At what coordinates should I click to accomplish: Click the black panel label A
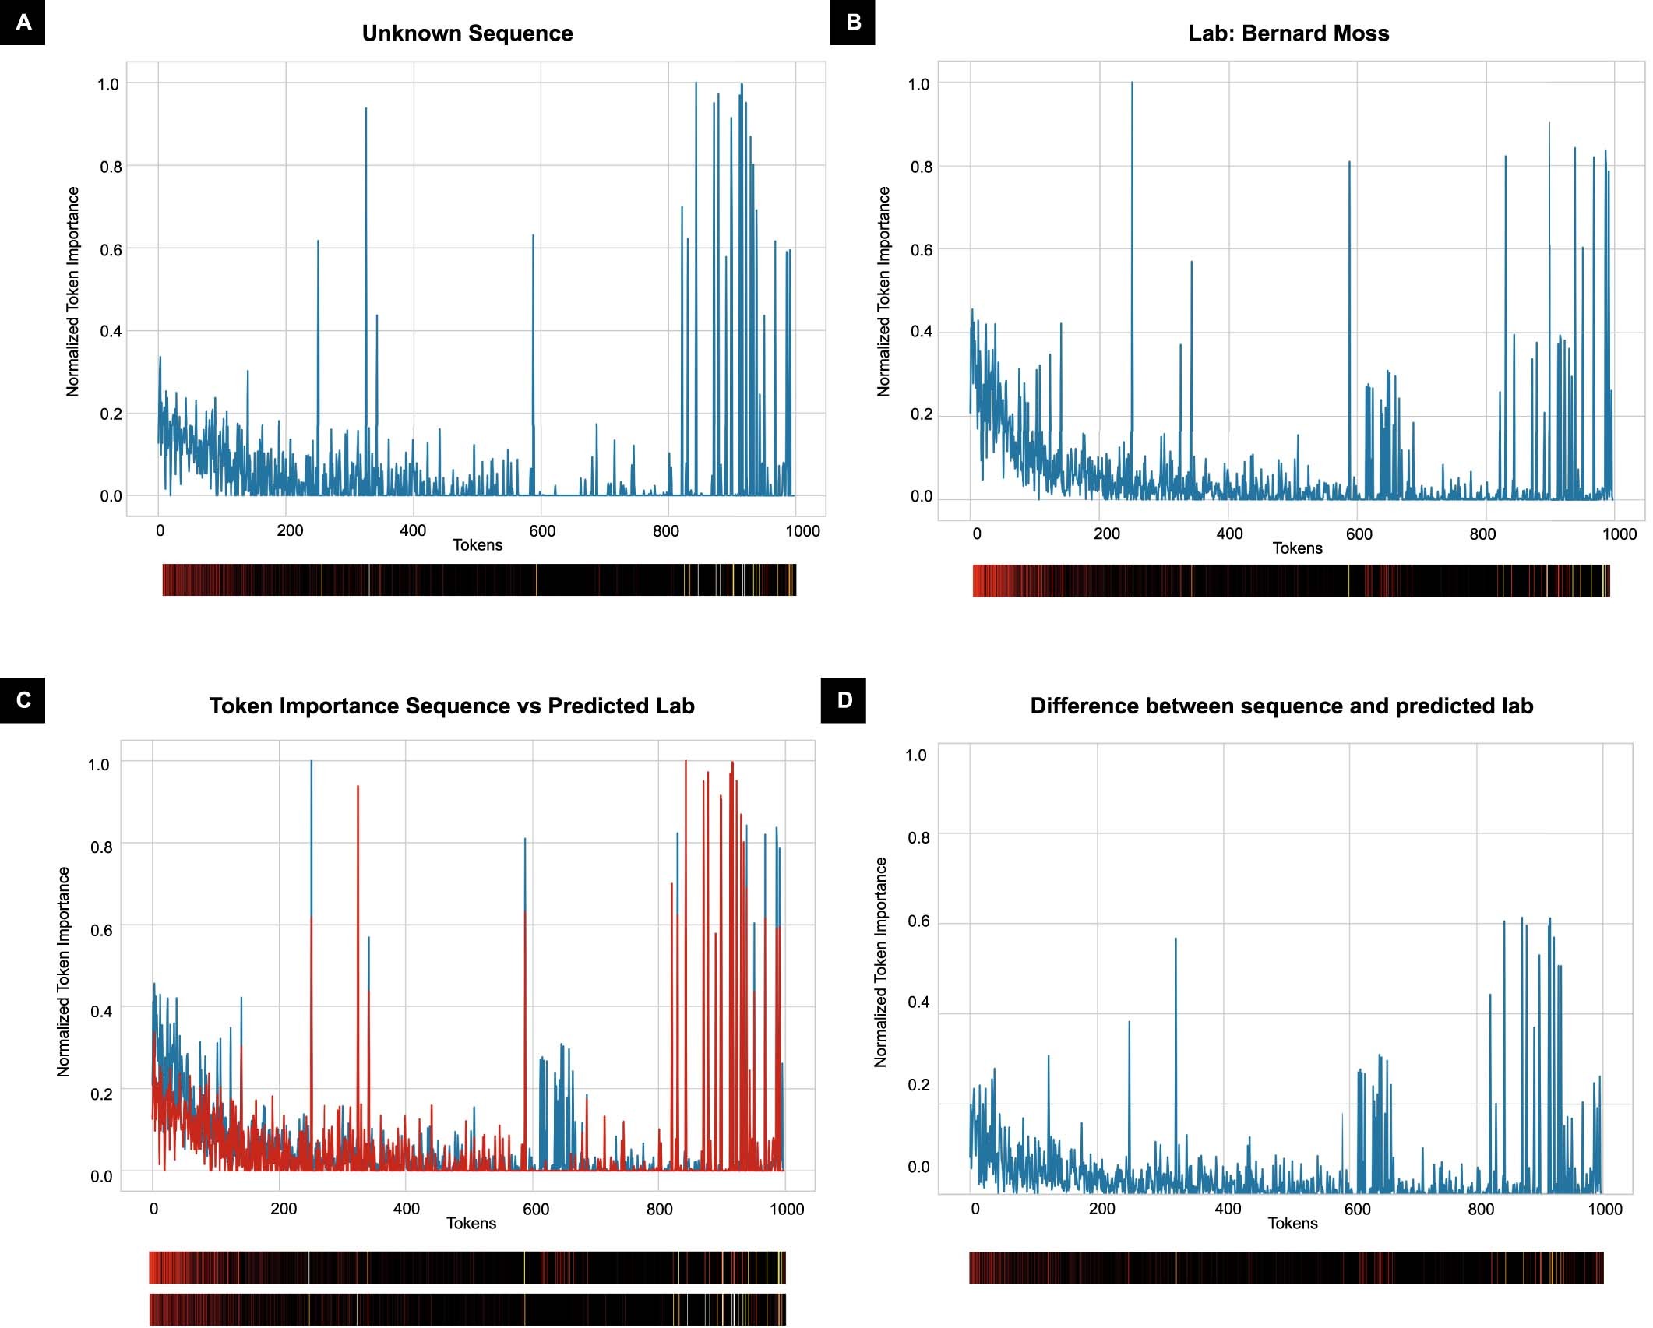(x=23, y=23)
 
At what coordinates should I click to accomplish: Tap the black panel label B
(x=852, y=23)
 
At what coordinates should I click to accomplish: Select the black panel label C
(x=23, y=700)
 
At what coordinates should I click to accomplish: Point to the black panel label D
(x=844, y=700)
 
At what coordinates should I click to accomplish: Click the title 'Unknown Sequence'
(x=467, y=33)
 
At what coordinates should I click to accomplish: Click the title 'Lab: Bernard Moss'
(x=1288, y=33)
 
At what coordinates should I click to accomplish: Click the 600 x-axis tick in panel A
(x=542, y=531)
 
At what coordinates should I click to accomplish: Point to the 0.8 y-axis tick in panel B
(x=922, y=167)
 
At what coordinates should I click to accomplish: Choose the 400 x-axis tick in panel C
(x=406, y=1209)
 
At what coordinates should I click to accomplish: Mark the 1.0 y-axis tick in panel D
(x=917, y=755)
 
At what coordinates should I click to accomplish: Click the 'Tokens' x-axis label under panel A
(x=478, y=545)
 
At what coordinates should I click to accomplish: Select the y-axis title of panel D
(x=881, y=962)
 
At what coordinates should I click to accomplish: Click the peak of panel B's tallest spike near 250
(x=1132, y=83)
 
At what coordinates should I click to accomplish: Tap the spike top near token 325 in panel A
(x=366, y=110)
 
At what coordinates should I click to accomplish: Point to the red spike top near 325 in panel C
(x=358, y=787)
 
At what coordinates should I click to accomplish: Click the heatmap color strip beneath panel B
(x=1291, y=581)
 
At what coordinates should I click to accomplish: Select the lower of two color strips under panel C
(x=467, y=1309)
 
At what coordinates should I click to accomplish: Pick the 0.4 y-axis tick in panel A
(x=111, y=332)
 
